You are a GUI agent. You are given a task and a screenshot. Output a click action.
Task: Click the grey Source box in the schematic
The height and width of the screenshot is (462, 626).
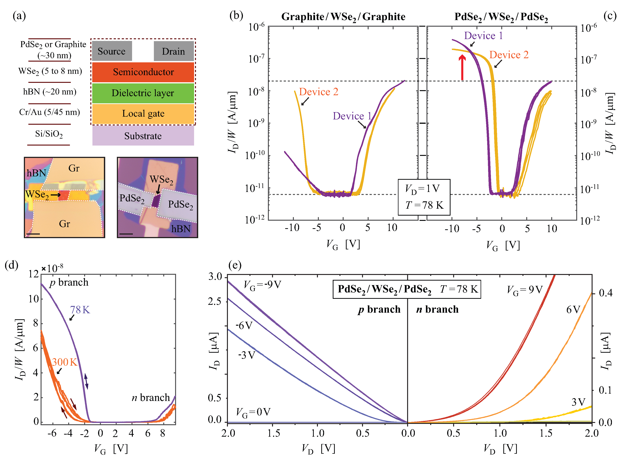[x=112, y=51]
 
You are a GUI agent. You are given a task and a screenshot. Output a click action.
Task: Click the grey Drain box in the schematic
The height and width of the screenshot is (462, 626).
[x=173, y=51]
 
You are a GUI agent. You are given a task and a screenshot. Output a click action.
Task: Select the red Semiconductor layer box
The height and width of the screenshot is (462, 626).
[x=143, y=72]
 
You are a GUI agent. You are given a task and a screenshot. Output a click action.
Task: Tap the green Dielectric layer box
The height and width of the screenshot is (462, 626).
[x=143, y=93]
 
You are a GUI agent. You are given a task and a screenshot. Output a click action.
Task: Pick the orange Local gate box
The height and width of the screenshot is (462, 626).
[x=143, y=114]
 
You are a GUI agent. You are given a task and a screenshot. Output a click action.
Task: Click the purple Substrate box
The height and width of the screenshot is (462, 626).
[x=143, y=136]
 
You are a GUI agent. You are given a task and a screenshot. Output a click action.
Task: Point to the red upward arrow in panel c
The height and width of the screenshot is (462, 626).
[x=462, y=67]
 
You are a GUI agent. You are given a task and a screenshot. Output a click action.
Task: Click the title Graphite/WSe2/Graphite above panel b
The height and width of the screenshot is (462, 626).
[x=343, y=17]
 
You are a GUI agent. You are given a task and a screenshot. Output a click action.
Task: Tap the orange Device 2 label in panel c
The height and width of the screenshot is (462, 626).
[x=509, y=55]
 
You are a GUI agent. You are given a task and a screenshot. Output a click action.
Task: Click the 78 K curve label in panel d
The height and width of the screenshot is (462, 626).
[x=80, y=310]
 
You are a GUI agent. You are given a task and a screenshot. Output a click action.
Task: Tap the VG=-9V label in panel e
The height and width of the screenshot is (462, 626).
[x=262, y=285]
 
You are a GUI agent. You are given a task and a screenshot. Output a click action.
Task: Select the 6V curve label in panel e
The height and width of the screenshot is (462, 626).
[x=573, y=310]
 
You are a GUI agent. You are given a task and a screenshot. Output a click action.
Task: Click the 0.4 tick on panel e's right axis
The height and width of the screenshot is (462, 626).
[x=606, y=293]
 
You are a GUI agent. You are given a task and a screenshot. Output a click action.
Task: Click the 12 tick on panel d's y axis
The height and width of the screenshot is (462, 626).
[x=34, y=274]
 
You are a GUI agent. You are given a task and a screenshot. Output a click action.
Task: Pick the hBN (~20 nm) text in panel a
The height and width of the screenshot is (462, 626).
[x=50, y=92]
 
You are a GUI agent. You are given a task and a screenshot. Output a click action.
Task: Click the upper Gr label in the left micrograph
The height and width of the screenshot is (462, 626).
[x=74, y=168]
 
